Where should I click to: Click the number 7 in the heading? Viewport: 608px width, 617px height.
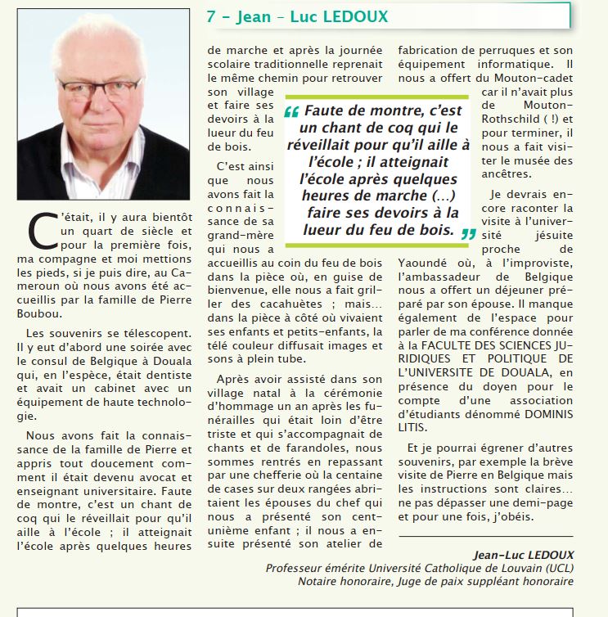(212, 16)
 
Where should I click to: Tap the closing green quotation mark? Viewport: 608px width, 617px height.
(468, 233)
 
